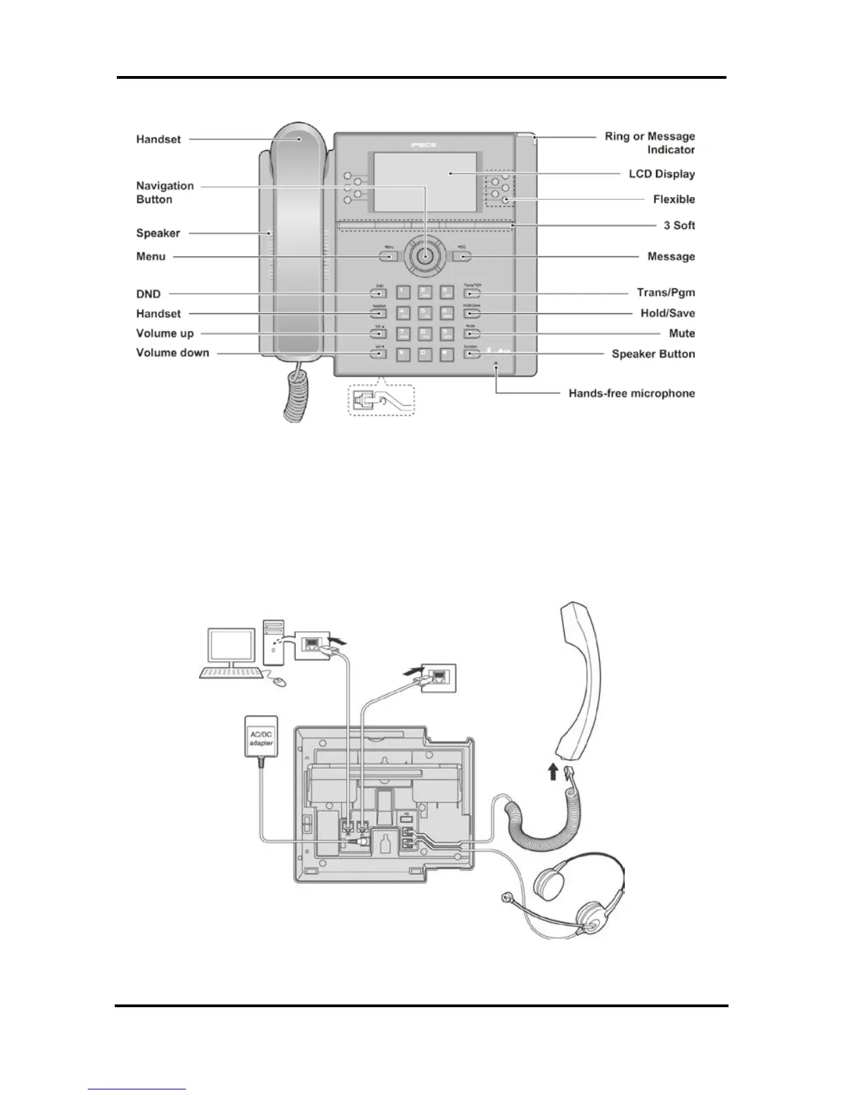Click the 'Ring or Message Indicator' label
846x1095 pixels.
(650, 142)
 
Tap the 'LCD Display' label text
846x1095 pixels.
(661, 174)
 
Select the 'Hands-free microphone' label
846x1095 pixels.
(631, 393)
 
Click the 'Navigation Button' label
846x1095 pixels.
(164, 192)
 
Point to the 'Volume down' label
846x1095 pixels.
(172, 353)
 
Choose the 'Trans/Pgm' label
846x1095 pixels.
(666, 293)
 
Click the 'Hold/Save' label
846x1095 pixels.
(668, 313)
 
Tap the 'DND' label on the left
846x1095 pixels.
(148, 294)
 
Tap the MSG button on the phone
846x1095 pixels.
(462, 256)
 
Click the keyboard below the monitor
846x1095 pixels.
(229, 673)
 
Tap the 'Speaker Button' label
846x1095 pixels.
(653, 354)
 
